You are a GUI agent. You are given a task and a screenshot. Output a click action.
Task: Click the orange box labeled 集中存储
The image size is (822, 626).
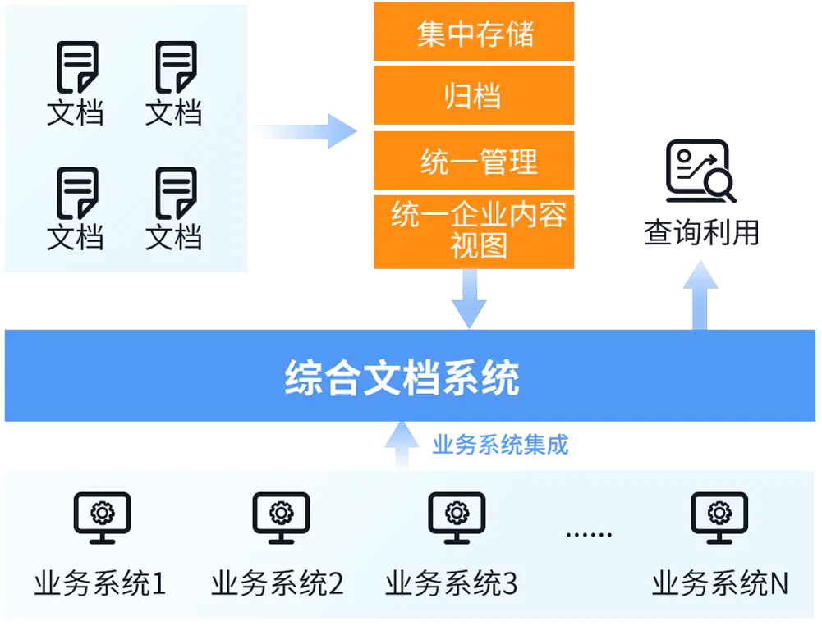(x=474, y=33)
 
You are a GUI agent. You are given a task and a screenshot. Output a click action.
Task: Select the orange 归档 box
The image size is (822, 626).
(x=474, y=95)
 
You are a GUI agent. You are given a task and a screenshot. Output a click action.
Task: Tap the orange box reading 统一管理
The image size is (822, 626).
(x=474, y=159)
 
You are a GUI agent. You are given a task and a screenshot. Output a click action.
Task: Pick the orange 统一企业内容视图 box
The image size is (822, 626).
(x=474, y=231)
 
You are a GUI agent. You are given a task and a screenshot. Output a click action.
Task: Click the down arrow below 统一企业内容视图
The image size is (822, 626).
(x=469, y=299)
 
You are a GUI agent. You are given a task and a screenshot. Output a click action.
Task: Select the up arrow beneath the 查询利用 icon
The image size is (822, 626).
(x=700, y=293)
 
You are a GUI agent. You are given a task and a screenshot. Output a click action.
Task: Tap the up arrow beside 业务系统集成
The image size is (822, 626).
(x=401, y=444)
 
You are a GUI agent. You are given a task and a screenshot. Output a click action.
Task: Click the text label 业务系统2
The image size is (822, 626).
(x=277, y=583)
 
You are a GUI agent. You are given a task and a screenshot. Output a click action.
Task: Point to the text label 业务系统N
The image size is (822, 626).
(x=720, y=583)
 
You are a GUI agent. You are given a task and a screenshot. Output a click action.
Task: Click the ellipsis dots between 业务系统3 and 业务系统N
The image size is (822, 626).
(x=589, y=535)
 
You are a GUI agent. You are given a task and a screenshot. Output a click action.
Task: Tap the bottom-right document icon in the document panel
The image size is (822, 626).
(x=175, y=193)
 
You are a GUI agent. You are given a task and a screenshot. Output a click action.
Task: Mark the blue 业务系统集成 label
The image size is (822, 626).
(x=501, y=446)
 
